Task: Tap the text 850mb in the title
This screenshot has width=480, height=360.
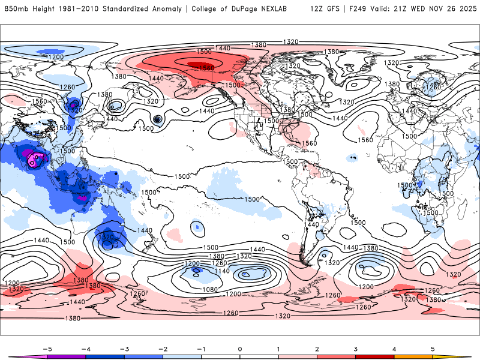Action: [16, 9]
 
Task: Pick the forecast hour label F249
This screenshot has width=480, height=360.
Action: [363, 9]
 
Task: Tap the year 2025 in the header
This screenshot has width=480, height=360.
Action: [464, 9]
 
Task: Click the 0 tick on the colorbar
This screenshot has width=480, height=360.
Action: [240, 349]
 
